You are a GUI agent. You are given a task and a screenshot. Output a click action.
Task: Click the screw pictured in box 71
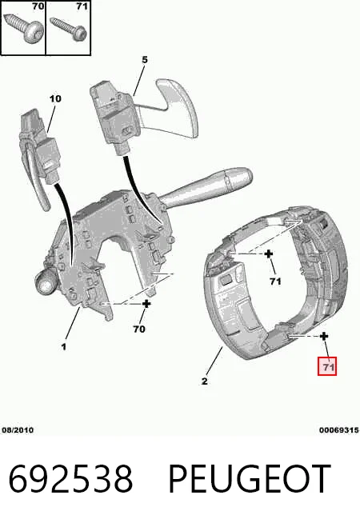tap(69, 29)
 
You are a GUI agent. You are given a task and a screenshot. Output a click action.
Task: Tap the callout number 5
tap(145, 60)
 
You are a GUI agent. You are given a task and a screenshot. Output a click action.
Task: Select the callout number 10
tap(55, 98)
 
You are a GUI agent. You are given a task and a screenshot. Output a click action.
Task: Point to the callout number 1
tap(64, 347)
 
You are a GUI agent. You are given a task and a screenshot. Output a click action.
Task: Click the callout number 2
tap(205, 381)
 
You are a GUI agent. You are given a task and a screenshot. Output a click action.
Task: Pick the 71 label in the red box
tap(327, 366)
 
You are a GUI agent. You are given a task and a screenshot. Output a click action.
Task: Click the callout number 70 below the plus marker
tap(139, 329)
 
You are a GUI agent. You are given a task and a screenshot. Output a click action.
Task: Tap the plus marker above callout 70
tap(146, 304)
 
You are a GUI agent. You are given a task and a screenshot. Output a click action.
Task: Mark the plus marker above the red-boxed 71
tap(324, 336)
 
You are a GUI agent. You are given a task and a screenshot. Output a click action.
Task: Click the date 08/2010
tap(18, 430)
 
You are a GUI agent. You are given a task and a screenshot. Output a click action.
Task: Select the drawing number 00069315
tap(339, 430)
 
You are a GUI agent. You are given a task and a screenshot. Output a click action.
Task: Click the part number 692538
tap(70, 479)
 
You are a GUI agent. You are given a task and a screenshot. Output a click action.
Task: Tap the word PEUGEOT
tap(250, 479)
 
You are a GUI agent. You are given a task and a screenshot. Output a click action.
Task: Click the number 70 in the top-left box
tap(38, 6)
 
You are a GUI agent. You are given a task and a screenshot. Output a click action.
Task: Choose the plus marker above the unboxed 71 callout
tap(269, 254)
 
